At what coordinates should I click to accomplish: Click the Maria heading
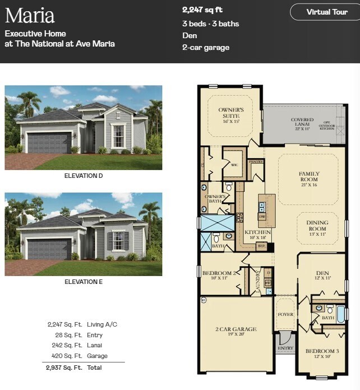[x=30, y=15]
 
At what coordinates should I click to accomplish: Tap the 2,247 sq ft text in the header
[x=202, y=10]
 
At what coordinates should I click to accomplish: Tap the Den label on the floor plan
[x=322, y=275]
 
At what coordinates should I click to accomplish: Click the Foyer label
[x=285, y=314]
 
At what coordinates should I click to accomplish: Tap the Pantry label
[x=256, y=162]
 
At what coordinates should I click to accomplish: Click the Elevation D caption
[x=84, y=176]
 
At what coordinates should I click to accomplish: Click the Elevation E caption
[x=84, y=282]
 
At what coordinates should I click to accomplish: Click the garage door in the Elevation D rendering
[x=49, y=143]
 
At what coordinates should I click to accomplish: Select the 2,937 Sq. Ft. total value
[x=64, y=368]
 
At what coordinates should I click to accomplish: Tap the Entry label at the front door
[x=285, y=348]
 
